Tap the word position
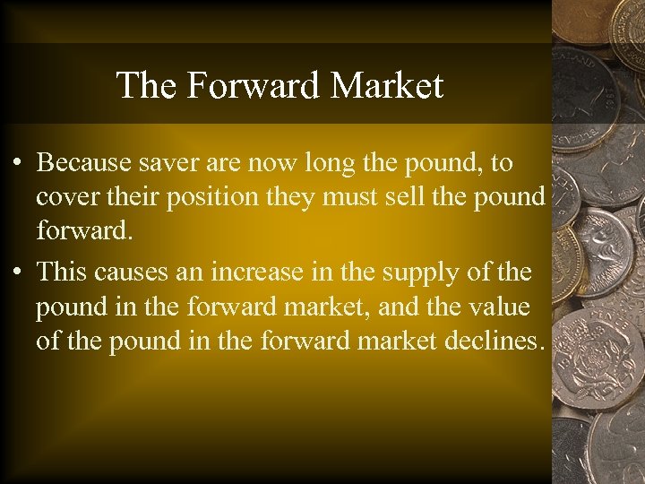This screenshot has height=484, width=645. click(211, 196)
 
